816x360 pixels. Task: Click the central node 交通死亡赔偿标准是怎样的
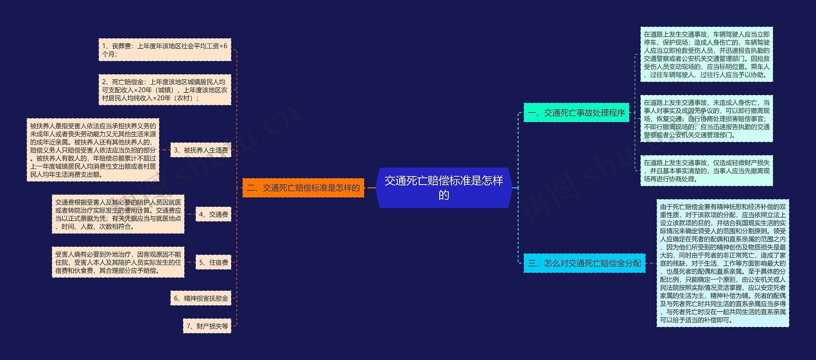(444, 188)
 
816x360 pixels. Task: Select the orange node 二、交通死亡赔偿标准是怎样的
(303, 188)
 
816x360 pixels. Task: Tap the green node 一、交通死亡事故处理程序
(576, 113)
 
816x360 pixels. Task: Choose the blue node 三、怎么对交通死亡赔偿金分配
(584, 263)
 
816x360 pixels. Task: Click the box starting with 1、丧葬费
(165, 50)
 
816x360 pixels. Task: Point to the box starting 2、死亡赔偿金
(165, 90)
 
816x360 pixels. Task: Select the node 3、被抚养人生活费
(201, 150)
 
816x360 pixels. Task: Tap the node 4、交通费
(213, 214)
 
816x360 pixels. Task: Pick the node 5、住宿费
(213, 263)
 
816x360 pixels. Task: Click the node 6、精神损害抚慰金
(201, 298)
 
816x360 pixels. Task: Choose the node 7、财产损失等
(207, 326)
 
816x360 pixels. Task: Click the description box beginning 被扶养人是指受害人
(93, 150)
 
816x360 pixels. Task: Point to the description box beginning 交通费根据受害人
(118, 214)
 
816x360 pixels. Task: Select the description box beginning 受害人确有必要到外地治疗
(118, 263)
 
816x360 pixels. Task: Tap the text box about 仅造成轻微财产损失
(706, 171)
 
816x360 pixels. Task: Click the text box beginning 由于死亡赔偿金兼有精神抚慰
(723, 263)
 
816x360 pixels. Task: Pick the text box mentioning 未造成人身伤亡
(706, 119)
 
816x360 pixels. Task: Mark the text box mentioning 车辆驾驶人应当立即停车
(706, 54)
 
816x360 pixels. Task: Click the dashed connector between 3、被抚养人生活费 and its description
(165, 150)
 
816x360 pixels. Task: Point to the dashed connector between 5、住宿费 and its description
(190, 263)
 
